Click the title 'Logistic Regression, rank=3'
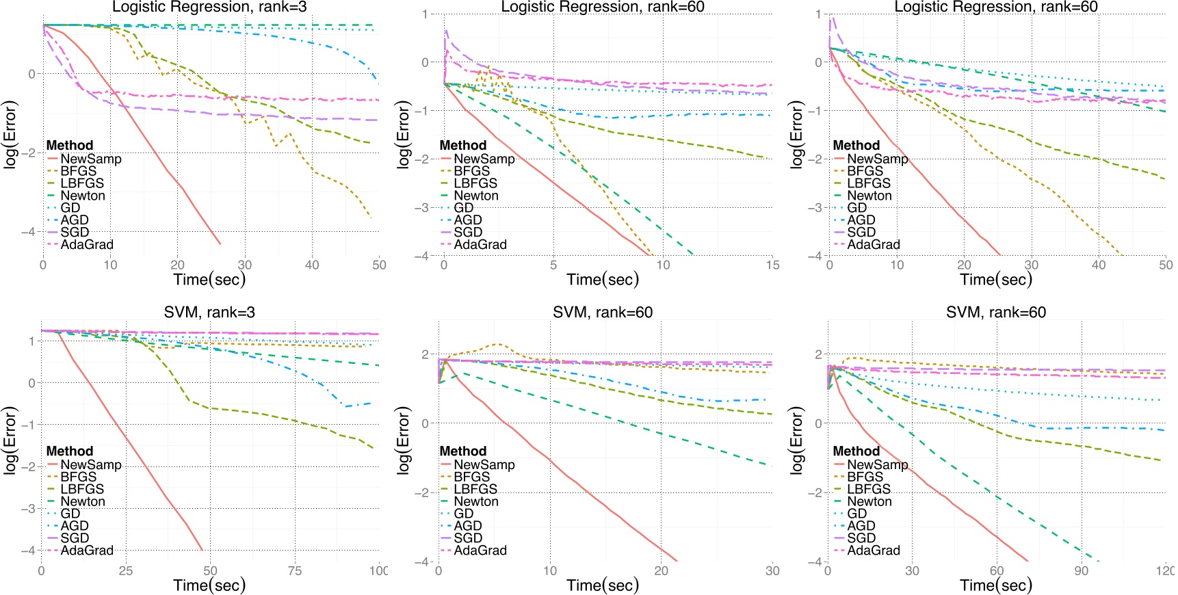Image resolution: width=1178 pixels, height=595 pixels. (x=209, y=7)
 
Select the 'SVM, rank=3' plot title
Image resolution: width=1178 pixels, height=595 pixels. (x=209, y=313)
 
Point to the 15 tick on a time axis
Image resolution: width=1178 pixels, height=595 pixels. (x=772, y=265)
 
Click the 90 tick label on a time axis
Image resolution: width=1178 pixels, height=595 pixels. (x=1081, y=570)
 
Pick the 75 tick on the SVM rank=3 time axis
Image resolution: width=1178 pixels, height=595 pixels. (x=294, y=570)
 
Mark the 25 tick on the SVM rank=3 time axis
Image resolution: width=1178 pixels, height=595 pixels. (x=126, y=570)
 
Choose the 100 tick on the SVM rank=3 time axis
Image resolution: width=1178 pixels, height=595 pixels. (x=378, y=570)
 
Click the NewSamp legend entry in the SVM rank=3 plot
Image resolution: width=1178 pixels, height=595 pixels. (x=90, y=465)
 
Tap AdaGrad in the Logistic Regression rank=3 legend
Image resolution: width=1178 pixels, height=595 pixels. (x=87, y=245)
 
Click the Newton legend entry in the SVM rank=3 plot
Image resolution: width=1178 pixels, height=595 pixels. (x=83, y=501)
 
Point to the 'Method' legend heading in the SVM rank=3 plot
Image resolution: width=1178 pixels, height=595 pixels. (x=70, y=451)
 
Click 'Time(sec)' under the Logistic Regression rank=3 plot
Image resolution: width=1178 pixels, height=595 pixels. (x=209, y=279)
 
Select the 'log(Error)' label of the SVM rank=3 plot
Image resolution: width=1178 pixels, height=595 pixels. (x=10, y=441)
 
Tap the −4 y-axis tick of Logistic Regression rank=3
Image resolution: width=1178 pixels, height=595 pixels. (x=29, y=232)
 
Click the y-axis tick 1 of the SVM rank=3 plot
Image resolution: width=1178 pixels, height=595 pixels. (x=31, y=341)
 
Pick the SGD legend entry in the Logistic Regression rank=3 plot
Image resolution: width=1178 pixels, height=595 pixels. (x=75, y=233)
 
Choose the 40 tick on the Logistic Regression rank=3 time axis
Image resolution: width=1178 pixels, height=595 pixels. (x=311, y=265)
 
